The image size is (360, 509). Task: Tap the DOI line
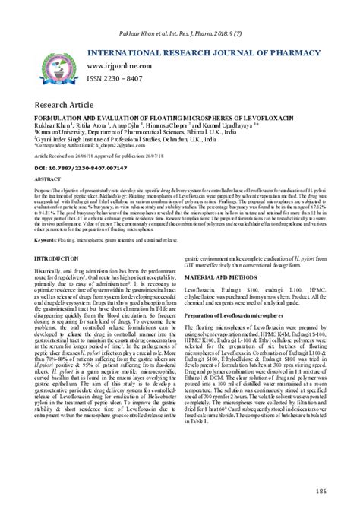(73, 165)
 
